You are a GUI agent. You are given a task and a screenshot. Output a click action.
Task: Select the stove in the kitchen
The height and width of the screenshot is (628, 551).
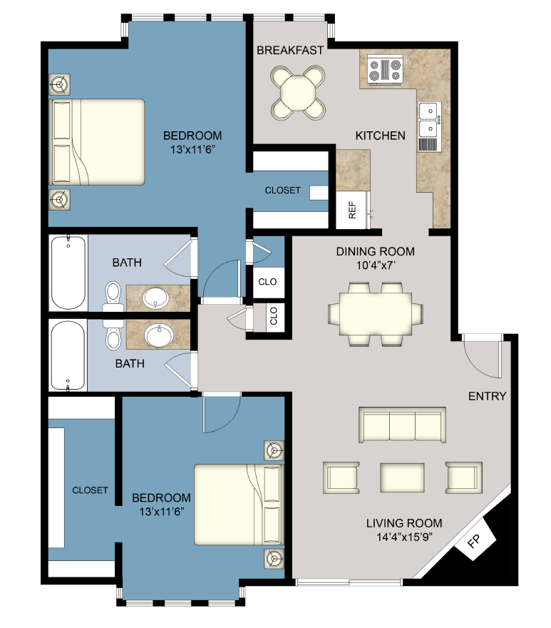coord(384,70)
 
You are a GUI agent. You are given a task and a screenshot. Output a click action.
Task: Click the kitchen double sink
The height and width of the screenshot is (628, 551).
coord(429,119)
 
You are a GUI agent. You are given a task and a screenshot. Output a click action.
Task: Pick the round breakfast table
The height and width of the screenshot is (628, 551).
coord(299,91)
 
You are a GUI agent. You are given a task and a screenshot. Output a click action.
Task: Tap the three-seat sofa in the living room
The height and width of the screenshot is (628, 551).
coord(402,425)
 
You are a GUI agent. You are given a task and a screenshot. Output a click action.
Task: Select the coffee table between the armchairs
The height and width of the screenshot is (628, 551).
coord(403,476)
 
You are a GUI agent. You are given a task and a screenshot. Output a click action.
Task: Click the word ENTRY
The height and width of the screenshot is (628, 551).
coord(487,396)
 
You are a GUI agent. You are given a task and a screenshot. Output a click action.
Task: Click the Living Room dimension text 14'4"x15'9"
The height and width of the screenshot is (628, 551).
coord(405,535)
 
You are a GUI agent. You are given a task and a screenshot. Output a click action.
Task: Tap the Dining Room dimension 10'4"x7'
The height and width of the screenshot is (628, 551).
coord(375,265)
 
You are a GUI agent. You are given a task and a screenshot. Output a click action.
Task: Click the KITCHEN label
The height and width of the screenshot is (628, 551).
coord(381,136)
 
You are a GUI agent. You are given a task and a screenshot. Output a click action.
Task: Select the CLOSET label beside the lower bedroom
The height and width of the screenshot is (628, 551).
coord(90,490)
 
